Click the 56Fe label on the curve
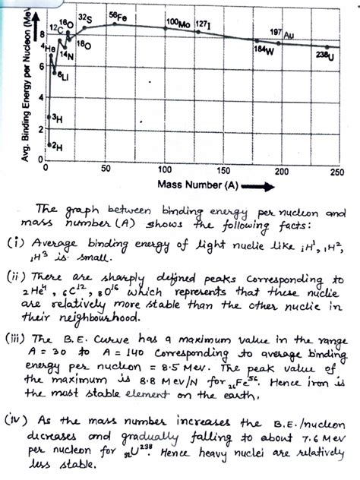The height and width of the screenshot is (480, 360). (118, 15)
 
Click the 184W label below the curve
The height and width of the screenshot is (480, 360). (263, 49)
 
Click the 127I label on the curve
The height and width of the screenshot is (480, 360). (203, 24)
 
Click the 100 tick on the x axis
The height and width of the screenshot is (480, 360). (163, 170)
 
